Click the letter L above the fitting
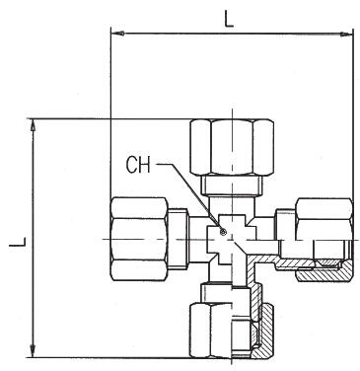pos(229,17)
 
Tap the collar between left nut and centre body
pos(195,236)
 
